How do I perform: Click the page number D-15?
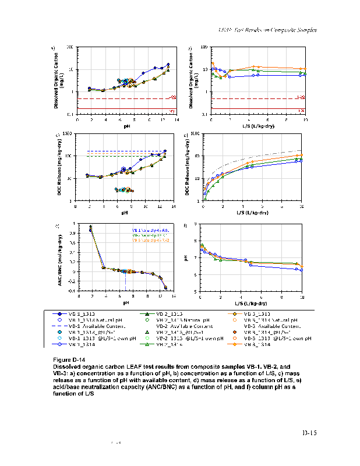(309, 433)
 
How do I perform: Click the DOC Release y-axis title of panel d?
(189, 167)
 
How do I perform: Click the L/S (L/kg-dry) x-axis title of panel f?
(252, 303)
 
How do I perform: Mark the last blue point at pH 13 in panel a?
(168, 65)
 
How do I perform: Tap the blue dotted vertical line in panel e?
(125, 280)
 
